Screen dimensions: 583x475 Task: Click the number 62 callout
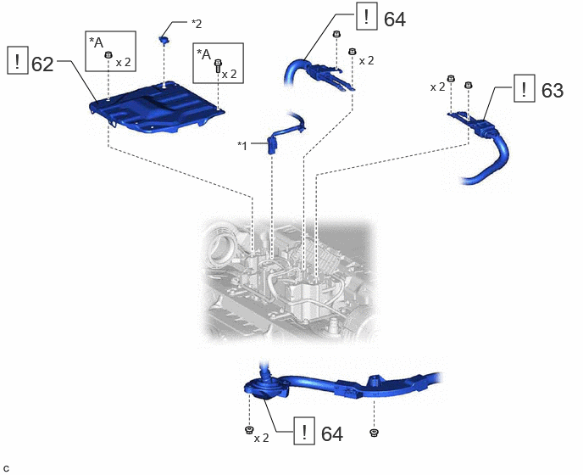[x=42, y=64]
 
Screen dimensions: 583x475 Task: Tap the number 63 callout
[x=552, y=91]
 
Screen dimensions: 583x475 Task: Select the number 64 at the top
[x=395, y=19]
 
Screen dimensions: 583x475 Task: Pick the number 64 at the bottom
[x=332, y=433]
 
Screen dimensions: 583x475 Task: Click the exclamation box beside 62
[x=18, y=60]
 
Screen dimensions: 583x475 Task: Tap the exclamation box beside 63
[x=525, y=88]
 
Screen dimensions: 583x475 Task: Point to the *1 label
[x=242, y=146]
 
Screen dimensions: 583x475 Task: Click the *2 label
[x=197, y=24]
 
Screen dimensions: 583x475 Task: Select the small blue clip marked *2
[x=164, y=39]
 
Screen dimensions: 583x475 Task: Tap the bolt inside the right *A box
[x=218, y=66]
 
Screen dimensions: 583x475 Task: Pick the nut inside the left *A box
[x=108, y=54]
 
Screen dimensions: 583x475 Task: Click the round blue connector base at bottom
[x=265, y=389]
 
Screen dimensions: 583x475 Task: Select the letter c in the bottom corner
[x=6, y=469]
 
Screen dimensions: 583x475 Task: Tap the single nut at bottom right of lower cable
[x=374, y=433]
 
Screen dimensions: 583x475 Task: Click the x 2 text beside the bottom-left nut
[x=261, y=439]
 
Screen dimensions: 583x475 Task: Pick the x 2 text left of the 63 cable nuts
[x=437, y=87]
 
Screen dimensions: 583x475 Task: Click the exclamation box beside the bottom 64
[x=304, y=431]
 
